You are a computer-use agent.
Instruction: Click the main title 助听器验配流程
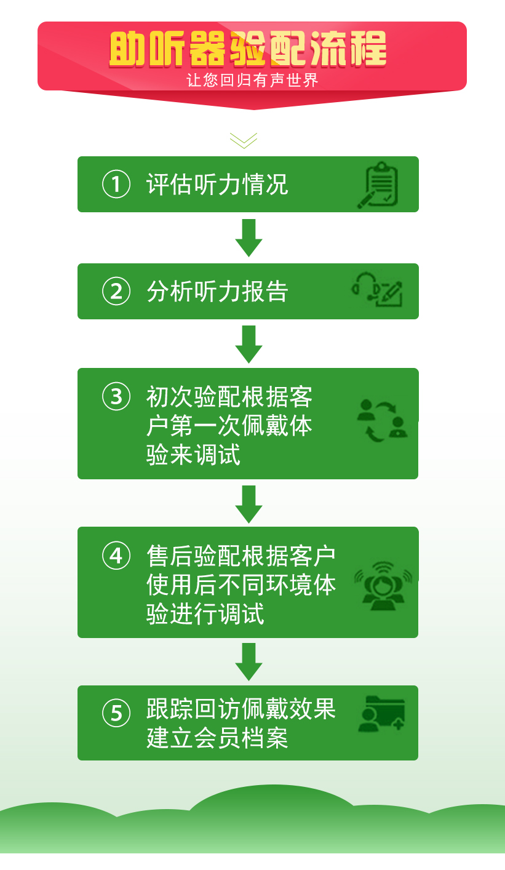pyautogui.click(x=249, y=49)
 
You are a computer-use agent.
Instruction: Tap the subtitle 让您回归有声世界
pyautogui.click(x=252, y=81)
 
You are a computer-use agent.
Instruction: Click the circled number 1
pyautogui.click(x=116, y=184)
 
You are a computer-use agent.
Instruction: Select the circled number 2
pyautogui.click(x=116, y=291)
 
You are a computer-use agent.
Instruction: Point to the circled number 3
pyautogui.click(x=116, y=396)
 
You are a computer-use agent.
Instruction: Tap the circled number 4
pyautogui.click(x=116, y=556)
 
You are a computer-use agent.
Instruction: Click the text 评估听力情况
pyautogui.click(x=217, y=185)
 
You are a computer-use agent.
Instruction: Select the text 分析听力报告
pyautogui.click(x=217, y=292)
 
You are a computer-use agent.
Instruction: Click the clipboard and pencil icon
pyautogui.click(x=378, y=185)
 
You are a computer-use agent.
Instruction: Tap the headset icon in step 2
pyautogui.click(x=365, y=287)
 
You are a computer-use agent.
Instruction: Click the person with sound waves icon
pyautogui.click(x=383, y=585)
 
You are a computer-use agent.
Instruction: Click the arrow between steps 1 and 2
pyautogui.click(x=249, y=237)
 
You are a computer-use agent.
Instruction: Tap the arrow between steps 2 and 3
pyautogui.click(x=249, y=344)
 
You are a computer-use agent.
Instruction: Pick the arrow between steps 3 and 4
pyautogui.click(x=249, y=504)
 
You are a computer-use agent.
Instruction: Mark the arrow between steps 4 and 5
pyautogui.click(x=249, y=661)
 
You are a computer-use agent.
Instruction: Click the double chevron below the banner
pyautogui.click(x=244, y=140)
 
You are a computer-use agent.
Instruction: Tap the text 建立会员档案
pyautogui.click(x=217, y=738)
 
